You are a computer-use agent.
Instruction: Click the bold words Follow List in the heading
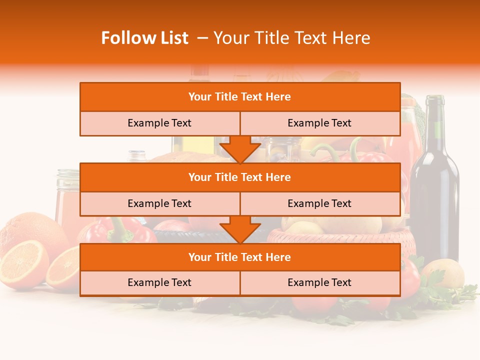pos(144,38)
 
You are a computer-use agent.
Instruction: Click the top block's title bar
pos(239,97)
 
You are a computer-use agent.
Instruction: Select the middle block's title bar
pos(239,177)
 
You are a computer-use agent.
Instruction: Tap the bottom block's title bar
pos(239,257)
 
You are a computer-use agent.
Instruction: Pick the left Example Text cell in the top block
pos(159,123)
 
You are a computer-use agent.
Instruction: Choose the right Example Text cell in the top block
pos(319,123)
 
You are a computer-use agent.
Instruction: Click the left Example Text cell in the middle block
pos(159,203)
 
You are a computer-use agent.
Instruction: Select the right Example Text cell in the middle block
pos(319,203)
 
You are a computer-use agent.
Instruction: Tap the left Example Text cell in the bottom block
pos(159,282)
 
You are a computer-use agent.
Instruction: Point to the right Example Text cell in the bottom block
pos(319,282)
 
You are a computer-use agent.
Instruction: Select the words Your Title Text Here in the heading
pos(291,38)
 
